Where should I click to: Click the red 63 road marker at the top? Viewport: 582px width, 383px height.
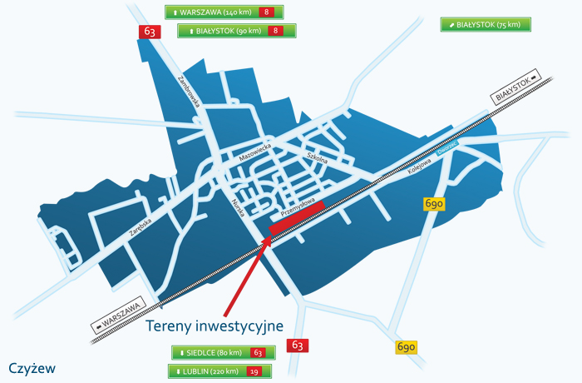pyautogui.click(x=150, y=32)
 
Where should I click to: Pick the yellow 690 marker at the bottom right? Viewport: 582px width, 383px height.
pyautogui.click(x=406, y=347)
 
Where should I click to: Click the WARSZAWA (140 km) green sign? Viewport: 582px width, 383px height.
pyautogui.click(x=224, y=12)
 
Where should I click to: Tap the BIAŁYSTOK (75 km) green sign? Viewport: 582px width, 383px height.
pyautogui.click(x=486, y=25)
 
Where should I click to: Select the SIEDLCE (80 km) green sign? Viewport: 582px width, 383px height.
pyautogui.click(x=219, y=353)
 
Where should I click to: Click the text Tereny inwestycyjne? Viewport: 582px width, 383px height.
pyautogui.click(x=215, y=326)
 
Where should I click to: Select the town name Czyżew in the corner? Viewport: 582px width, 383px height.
pyautogui.click(x=32, y=367)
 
